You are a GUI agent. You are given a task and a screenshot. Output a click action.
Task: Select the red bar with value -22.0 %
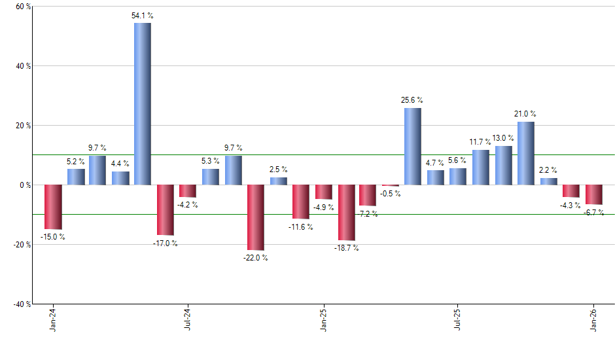255,217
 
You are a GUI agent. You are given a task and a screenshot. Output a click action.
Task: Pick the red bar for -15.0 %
53,207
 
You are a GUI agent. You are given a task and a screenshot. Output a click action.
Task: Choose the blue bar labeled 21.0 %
525,153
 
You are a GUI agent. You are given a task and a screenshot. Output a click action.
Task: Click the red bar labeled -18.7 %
346,213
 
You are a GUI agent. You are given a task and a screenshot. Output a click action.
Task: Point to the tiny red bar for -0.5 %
391,186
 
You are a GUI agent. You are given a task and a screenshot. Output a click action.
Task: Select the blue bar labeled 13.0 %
503,165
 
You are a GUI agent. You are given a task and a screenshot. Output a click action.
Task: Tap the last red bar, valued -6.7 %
593,194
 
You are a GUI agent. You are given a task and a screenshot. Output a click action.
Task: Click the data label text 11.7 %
480,142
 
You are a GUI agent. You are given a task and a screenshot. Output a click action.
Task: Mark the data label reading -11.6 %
302,227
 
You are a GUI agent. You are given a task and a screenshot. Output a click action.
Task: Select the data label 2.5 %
279,170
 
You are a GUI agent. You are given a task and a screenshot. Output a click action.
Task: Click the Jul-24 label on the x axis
188,319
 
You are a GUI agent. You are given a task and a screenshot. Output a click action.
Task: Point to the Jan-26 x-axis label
593,319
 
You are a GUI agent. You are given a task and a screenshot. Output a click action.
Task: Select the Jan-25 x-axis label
323,319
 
